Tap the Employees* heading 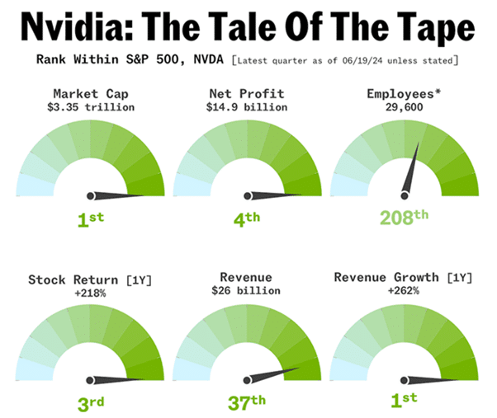(x=405, y=94)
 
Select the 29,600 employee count (x=405, y=106)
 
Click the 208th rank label (x=405, y=218)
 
